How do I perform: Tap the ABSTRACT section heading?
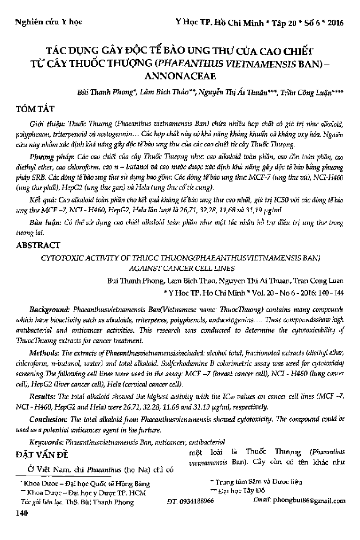point(38,245)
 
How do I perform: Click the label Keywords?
point(47,442)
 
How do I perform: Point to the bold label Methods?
point(43,353)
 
